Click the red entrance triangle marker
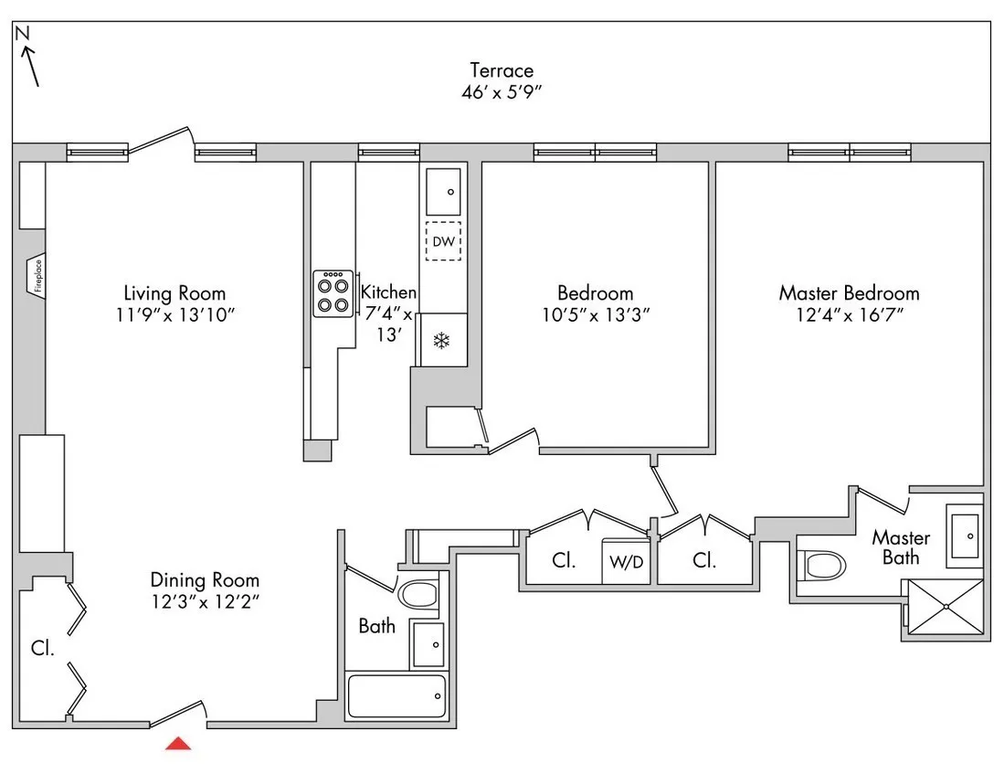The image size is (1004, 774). click(178, 744)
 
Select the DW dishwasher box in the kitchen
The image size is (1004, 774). click(443, 241)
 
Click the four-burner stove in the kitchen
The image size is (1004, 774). click(333, 294)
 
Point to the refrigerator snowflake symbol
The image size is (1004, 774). click(442, 341)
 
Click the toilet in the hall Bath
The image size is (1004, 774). click(421, 596)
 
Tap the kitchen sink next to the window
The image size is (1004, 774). click(444, 192)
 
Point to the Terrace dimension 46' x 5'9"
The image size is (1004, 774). click(502, 92)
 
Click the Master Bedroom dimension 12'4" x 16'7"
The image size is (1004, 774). click(849, 315)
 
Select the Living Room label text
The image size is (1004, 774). click(174, 293)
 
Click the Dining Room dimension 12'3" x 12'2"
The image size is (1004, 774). click(205, 602)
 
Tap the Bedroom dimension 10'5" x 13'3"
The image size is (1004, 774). click(595, 315)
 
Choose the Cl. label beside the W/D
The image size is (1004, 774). click(564, 561)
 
